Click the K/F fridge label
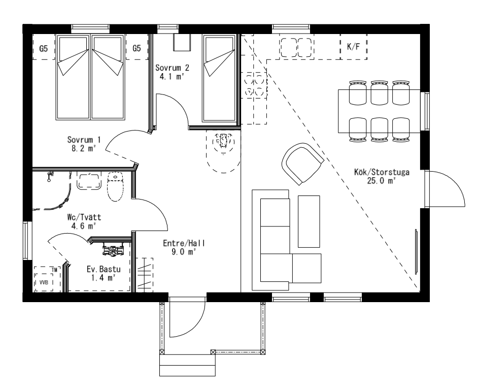pos(353,47)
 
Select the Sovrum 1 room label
pos(84,140)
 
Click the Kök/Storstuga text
pos(382,172)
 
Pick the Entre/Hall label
pos(184,243)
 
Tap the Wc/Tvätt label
pos(84,217)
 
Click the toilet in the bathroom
pos(115,187)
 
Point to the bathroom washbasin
pos(89,181)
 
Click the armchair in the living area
pos(302,164)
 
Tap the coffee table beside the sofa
pos(309,221)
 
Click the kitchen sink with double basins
pos(297,48)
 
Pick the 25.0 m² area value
pos(381,181)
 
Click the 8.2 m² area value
pos(84,148)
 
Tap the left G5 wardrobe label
pos(44,48)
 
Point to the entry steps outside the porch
pos(187,365)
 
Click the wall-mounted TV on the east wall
pos(416,252)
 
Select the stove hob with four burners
pos(255,85)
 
